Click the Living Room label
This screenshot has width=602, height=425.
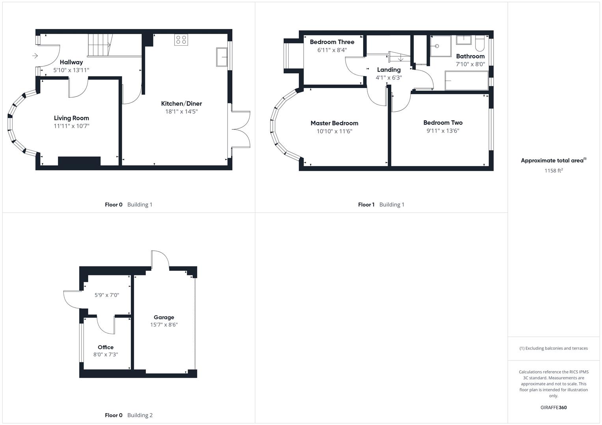coord(71,118)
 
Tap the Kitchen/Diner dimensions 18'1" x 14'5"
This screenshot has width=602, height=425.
coord(181,112)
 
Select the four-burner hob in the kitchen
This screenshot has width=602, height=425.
coord(181,40)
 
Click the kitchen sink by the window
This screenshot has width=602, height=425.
coord(222,57)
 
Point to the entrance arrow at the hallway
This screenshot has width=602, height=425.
coord(35,56)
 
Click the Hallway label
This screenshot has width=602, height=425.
coord(71,62)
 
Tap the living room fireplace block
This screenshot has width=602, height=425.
coord(79,161)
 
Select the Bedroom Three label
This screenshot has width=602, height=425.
coord(332,42)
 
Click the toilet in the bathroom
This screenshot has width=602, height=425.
coord(480,44)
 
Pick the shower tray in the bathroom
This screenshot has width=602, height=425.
coord(440,46)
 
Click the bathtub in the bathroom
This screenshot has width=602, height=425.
coord(466,81)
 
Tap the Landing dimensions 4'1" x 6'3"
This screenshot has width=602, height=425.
coord(389,78)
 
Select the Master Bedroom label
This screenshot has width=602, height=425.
coord(334,123)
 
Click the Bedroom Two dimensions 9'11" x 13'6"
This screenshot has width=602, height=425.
coord(443,131)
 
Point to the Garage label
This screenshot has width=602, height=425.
coord(164,317)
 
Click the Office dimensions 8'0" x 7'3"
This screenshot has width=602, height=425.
coord(106,355)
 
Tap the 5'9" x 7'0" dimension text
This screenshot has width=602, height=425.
coord(107,295)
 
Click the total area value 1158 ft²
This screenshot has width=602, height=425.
coord(554,171)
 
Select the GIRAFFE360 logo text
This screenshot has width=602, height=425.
coord(554,408)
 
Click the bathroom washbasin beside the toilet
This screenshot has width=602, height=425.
coord(464,40)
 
